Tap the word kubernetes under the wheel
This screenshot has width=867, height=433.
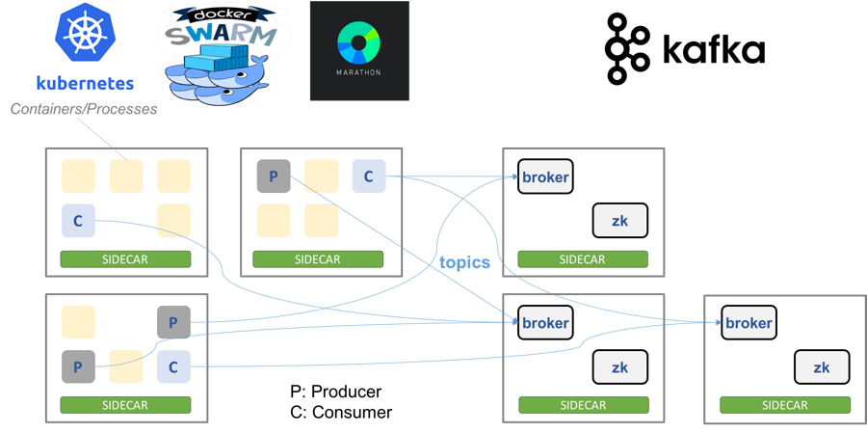click(x=84, y=83)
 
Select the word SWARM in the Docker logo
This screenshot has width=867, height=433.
click(x=221, y=36)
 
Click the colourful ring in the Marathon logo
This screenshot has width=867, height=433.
click(x=358, y=42)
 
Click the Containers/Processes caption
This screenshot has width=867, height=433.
click(x=83, y=110)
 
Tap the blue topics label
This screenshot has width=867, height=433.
click(x=465, y=262)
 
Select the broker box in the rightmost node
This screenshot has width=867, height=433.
click(x=749, y=323)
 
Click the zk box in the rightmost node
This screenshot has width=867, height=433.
click(x=822, y=367)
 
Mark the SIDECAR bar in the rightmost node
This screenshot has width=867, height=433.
click(x=784, y=405)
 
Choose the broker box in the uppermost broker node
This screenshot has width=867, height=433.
click(x=545, y=176)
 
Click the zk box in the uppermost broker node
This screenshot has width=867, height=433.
click(x=619, y=221)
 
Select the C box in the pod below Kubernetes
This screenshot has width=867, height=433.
click(x=78, y=221)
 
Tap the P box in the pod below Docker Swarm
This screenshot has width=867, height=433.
click(x=274, y=176)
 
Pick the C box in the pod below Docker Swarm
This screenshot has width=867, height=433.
click(x=368, y=176)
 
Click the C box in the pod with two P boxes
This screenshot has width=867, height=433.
click(x=173, y=366)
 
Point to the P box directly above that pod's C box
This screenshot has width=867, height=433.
click(x=173, y=322)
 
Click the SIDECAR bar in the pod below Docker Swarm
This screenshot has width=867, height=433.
click(x=318, y=259)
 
